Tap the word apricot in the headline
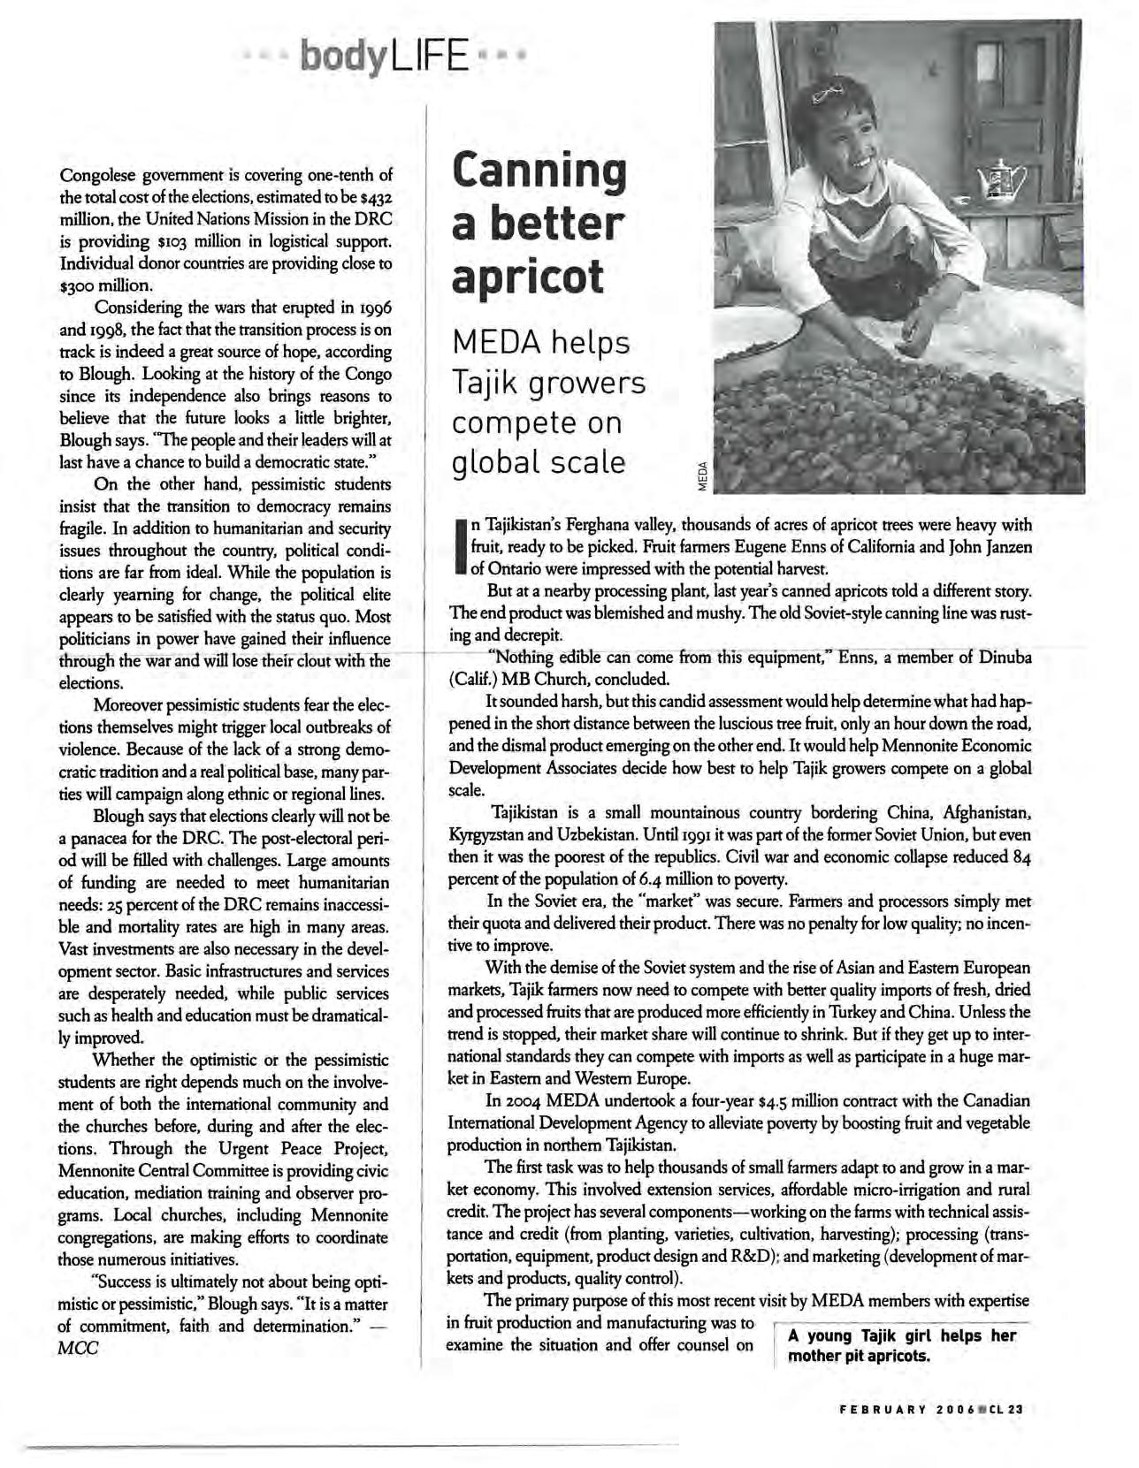pyautogui.click(x=528, y=276)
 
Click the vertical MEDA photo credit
pyautogui.click(x=703, y=477)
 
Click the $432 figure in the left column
pyautogui.click(x=375, y=196)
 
